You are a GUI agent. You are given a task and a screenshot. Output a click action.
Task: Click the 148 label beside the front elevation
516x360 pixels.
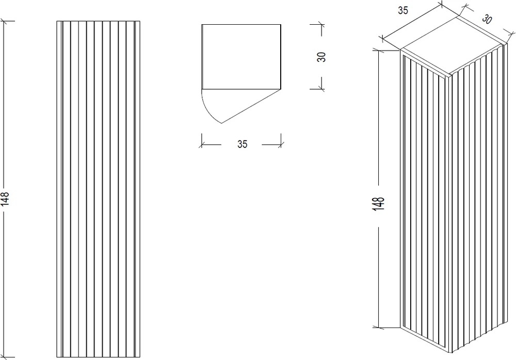tap(6, 199)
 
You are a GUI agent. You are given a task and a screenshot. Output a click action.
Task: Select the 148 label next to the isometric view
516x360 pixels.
tap(379, 204)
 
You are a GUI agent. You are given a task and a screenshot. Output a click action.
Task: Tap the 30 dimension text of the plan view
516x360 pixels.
tap(321, 57)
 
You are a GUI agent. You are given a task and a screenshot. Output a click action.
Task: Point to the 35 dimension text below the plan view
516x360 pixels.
tap(242, 144)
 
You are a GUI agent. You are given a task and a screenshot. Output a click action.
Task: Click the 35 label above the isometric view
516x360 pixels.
tap(403, 10)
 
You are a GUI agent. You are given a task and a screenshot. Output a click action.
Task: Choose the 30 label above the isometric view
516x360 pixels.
tap(487, 19)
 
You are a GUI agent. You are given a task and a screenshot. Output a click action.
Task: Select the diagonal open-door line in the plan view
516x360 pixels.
tap(251, 106)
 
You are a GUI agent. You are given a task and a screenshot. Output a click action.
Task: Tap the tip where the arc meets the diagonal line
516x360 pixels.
tap(221, 123)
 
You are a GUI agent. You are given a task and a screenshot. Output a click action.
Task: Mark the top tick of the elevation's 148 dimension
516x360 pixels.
tap(4, 21)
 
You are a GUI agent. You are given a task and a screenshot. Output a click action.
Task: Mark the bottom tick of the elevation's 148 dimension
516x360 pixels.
tap(4, 357)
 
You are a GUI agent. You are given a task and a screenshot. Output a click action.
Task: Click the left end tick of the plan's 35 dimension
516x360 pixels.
tap(202, 144)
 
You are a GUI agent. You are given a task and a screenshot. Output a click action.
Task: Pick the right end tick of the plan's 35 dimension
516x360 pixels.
tap(281, 144)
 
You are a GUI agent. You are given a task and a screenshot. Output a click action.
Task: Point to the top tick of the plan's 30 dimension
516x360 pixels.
tap(321, 24)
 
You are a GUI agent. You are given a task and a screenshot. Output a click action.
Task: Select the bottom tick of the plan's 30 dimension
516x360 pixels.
tap(321, 89)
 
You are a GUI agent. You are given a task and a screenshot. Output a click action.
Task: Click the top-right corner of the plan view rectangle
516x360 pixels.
tap(281, 24)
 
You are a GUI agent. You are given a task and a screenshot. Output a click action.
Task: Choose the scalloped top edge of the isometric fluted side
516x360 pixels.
tap(477, 60)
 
